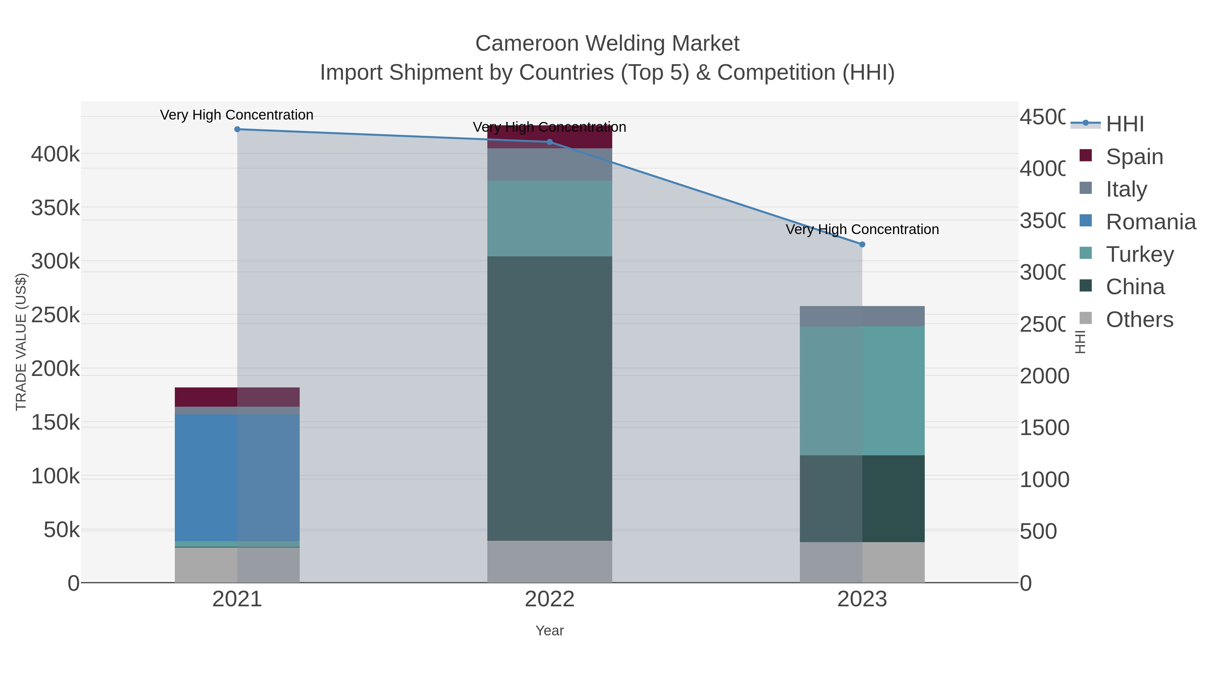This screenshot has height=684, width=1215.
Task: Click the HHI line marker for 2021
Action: click(237, 129)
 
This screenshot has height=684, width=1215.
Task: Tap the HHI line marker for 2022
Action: click(549, 142)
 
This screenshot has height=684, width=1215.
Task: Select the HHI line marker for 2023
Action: click(862, 245)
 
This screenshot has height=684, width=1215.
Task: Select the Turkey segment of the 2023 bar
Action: click(862, 390)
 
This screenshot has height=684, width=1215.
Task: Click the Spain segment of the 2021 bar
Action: click(237, 397)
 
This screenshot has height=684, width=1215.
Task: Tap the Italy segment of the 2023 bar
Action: click(862, 316)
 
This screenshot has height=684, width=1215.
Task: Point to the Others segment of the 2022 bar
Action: click(549, 561)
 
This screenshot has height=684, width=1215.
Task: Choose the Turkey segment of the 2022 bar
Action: click(549, 218)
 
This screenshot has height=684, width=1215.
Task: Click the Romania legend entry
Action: click(1151, 222)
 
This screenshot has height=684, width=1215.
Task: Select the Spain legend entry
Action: click(1134, 157)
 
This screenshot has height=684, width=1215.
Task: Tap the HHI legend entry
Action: click(1125, 124)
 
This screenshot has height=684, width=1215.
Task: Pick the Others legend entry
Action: click(1139, 320)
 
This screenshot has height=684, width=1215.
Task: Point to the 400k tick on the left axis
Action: click(55, 154)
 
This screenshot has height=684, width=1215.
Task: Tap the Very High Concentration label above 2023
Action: click(862, 229)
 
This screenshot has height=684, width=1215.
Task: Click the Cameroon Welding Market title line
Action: click(607, 44)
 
